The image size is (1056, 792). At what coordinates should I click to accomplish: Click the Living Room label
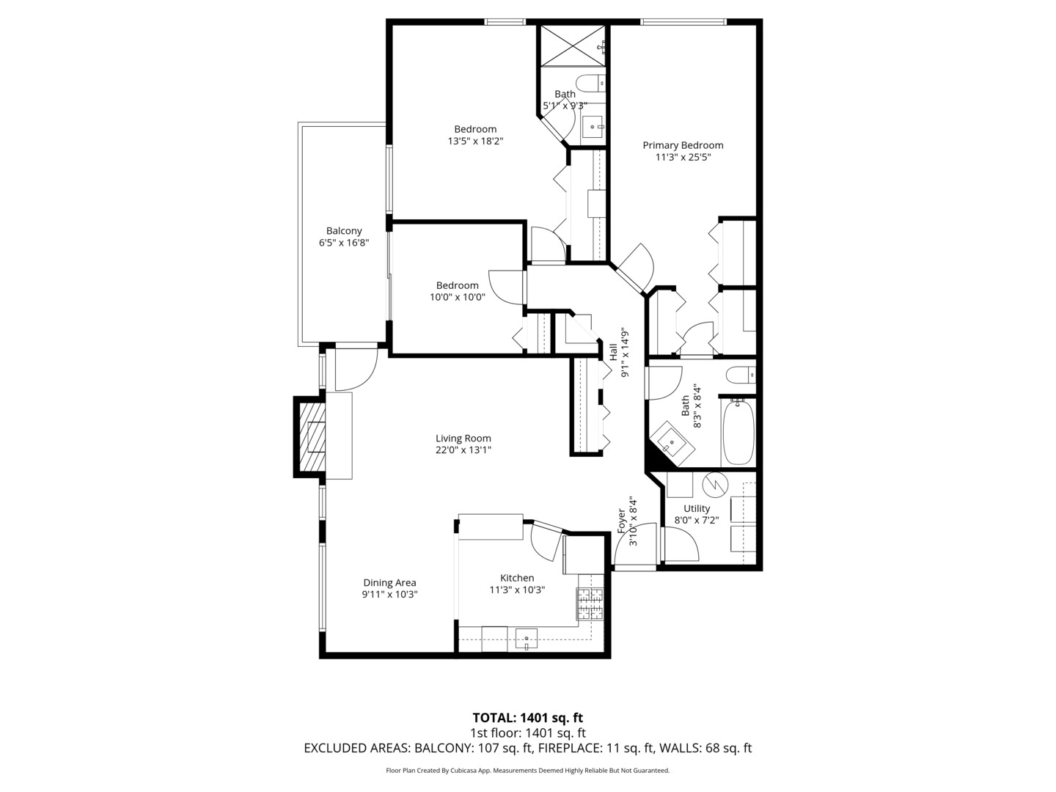[x=463, y=439]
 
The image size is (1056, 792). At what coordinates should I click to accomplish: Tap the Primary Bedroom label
[x=683, y=145]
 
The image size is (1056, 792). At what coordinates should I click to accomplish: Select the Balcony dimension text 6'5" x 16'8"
[x=343, y=243]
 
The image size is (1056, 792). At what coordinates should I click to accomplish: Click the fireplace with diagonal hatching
[x=310, y=437]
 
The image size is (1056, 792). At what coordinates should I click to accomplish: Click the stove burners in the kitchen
[x=590, y=605]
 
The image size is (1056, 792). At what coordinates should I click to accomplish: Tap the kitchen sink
[x=526, y=639]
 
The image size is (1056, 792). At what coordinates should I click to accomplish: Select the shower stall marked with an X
[x=573, y=44]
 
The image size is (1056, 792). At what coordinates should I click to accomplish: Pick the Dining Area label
[x=389, y=582]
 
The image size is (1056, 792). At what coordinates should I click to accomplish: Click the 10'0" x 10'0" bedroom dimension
[x=458, y=297]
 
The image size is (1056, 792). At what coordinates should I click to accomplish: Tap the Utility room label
[x=697, y=508]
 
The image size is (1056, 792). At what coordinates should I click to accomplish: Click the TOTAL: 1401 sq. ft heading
[x=527, y=717]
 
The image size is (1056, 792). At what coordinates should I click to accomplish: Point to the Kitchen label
[x=517, y=577]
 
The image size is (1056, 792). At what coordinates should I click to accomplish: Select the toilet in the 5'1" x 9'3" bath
[x=590, y=83]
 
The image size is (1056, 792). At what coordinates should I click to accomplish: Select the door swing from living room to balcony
[x=355, y=370]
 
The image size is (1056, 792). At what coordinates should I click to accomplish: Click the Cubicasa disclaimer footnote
[x=527, y=770]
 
